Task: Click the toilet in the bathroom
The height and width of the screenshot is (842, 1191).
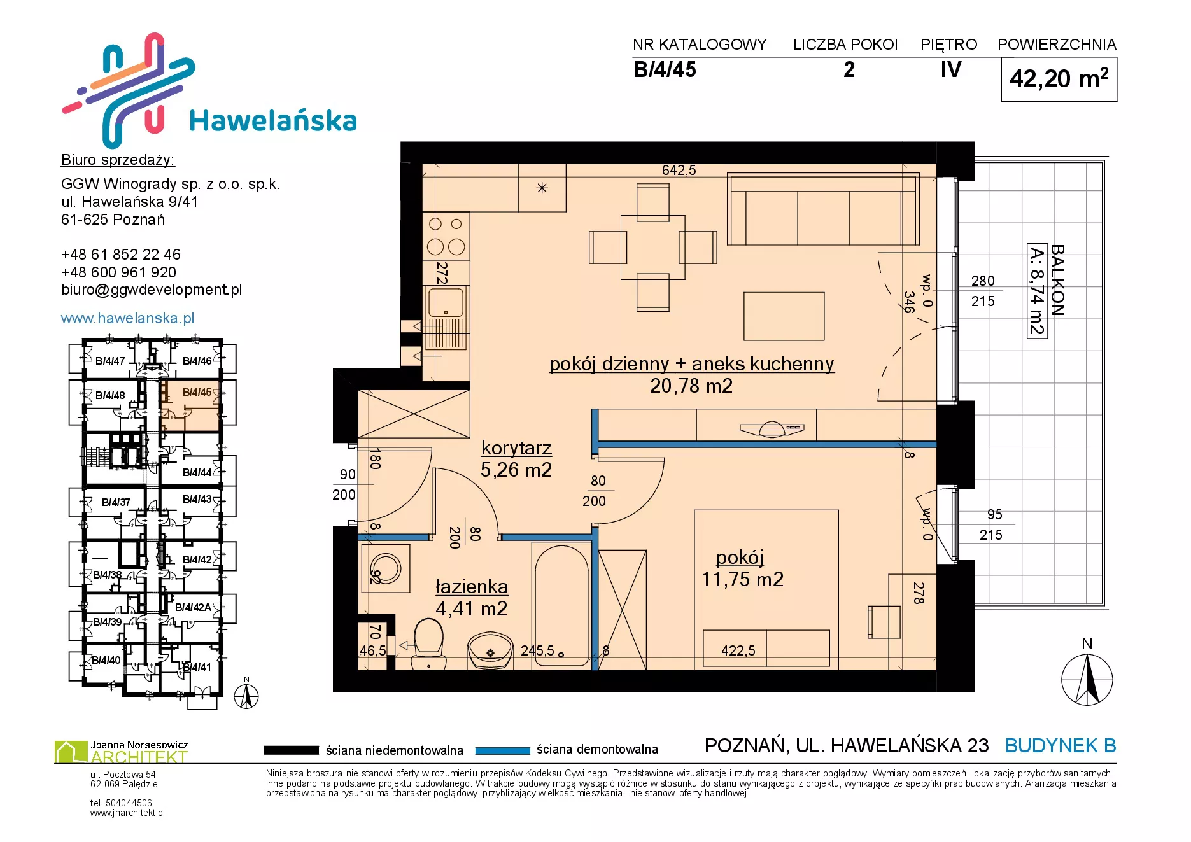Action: pyautogui.click(x=428, y=643)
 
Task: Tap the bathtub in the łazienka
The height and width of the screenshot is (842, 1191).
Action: pyautogui.click(x=563, y=605)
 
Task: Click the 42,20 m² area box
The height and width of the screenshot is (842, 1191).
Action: pyautogui.click(x=1059, y=79)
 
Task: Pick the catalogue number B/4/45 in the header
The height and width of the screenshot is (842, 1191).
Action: pyautogui.click(x=665, y=69)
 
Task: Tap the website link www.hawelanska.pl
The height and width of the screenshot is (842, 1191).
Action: pyautogui.click(x=127, y=318)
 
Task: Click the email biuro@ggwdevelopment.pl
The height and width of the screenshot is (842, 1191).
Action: pyautogui.click(x=152, y=290)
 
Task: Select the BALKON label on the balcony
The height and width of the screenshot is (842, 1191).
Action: pyautogui.click(x=1057, y=280)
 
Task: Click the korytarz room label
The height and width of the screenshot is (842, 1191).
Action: pyautogui.click(x=516, y=448)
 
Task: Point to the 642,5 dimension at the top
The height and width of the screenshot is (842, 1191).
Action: pyautogui.click(x=679, y=170)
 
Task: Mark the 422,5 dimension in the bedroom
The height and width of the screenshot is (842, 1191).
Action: pyautogui.click(x=738, y=650)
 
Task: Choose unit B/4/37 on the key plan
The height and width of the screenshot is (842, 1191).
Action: pyautogui.click(x=116, y=503)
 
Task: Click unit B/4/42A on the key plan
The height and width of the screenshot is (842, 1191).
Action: pyautogui.click(x=193, y=607)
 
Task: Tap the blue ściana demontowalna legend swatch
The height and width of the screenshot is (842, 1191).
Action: pyautogui.click(x=503, y=750)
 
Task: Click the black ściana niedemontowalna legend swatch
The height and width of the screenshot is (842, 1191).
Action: pyautogui.click(x=292, y=750)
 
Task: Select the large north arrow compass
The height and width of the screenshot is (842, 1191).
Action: pyautogui.click(x=1087, y=680)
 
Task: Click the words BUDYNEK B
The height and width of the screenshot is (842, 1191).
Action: pyautogui.click(x=1061, y=745)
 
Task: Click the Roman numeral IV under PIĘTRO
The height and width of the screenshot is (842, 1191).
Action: pyautogui.click(x=951, y=69)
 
